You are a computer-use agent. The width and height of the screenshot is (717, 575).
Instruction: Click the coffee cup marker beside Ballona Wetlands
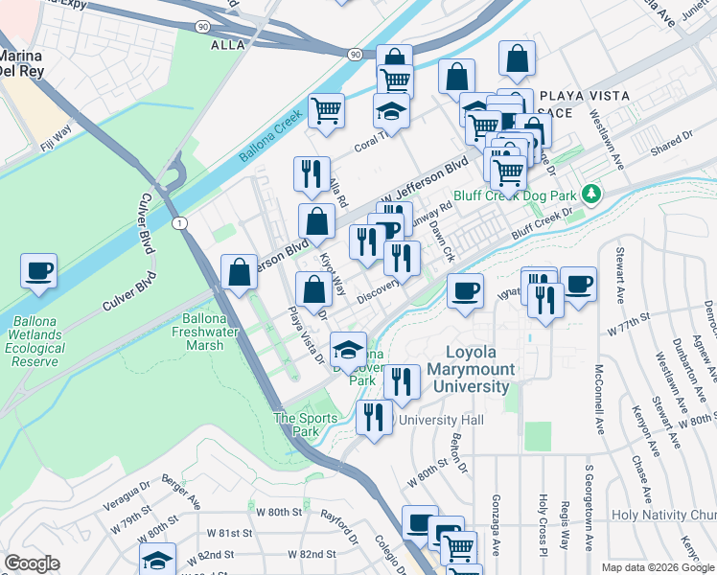(x=38, y=271)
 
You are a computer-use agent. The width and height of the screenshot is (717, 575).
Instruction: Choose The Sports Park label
(x=305, y=425)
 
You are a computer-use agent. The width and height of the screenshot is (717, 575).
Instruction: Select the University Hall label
(x=444, y=420)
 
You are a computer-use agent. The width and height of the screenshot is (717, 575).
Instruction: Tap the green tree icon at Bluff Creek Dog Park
(x=591, y=194)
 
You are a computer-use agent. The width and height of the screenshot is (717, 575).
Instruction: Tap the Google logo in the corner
(x=32, y=563)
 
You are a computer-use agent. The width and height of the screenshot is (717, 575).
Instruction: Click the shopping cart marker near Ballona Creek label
(x=326, y=110)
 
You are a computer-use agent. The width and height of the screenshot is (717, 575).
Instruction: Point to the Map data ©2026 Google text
(x=658, y=567)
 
